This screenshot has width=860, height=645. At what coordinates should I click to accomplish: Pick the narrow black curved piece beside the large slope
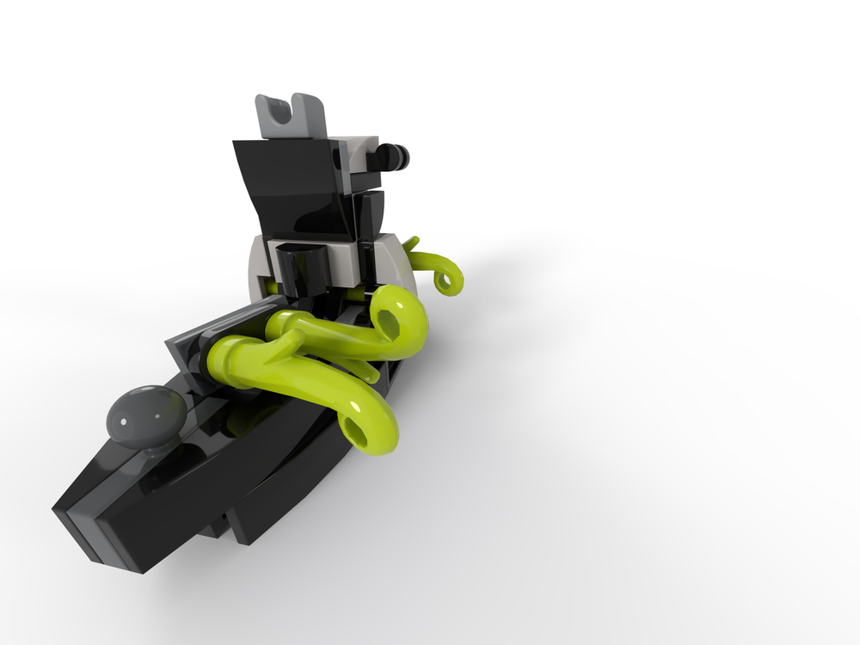click(372, 213)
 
